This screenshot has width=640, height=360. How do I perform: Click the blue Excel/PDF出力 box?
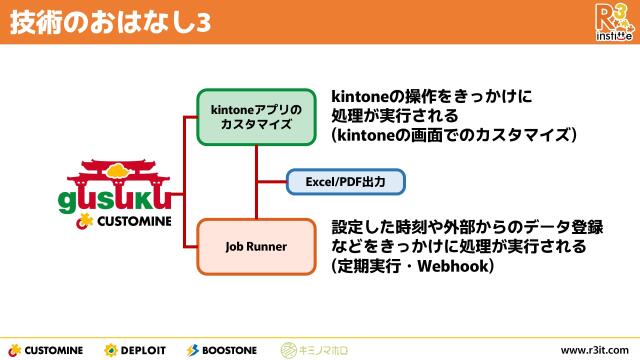coord(346,183)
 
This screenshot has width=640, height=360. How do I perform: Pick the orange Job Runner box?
coord(256,244)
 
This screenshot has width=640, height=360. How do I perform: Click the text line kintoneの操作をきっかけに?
coord(432,97)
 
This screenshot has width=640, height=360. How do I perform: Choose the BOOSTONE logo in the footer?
coord(221,349)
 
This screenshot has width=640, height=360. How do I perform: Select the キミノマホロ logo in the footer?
coord(314,349)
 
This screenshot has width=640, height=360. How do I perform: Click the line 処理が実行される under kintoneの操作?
coord(394,115)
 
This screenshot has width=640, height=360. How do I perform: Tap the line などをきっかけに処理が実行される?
coord(458,246)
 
